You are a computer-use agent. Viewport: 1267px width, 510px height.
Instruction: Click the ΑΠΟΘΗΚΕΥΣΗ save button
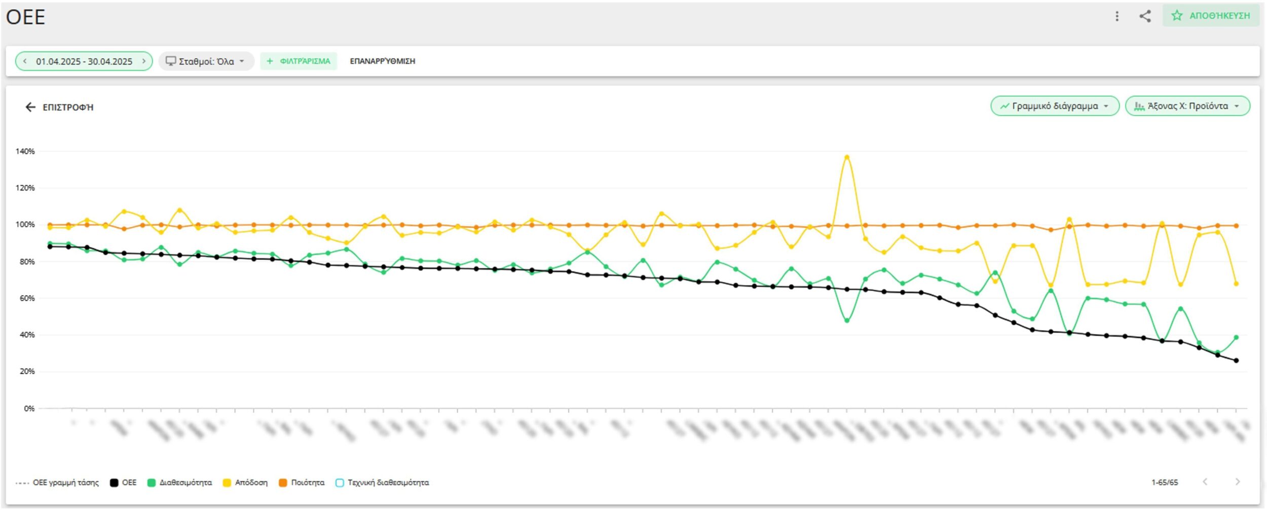click(x=1211, y=16)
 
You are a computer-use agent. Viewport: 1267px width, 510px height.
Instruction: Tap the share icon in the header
click(x=1145, y=16)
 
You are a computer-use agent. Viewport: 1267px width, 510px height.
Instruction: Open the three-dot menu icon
click(x=1117, y=16)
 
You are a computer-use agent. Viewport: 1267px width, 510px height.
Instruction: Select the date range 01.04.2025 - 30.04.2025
click(x=84, y=61)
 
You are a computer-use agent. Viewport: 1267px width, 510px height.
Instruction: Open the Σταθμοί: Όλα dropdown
click(x=206, y=61)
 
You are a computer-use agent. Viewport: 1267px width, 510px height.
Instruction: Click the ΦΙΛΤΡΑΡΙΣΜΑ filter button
click(x=299, y=61)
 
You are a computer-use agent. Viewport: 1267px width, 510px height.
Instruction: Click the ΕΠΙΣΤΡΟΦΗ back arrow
click(x=31, y=107)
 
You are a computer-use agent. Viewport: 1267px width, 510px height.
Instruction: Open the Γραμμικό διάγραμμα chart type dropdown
click(x=1054, y=106)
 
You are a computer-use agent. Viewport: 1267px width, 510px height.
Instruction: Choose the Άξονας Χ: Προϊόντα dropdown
click(x=1187, y=106)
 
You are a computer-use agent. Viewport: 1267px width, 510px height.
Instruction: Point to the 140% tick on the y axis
click(x=25, y=151)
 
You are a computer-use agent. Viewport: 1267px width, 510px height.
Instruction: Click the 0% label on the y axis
click(x=29, y=408)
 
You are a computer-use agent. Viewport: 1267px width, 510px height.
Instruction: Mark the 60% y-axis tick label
click(x=27, y=298)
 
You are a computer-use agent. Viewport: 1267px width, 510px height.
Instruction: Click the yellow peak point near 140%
click(x=846, y=157)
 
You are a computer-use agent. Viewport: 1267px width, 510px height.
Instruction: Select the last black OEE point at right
click(x=1236, y=361)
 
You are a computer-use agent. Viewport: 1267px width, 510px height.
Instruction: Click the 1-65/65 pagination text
click(x=1164, y=483)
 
